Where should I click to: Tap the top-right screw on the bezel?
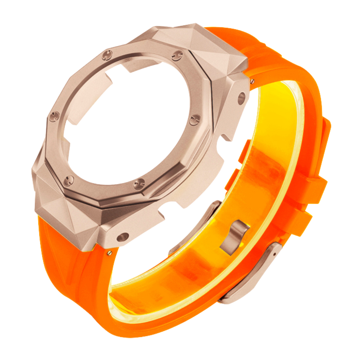pyautogui.click(x=177, y=55)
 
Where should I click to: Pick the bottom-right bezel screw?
pyautogui.click(x=139, y=184)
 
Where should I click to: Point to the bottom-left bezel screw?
pyautogui.click(x=69, y=181)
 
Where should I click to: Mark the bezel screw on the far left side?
pyautogui.click(x=53, y=116)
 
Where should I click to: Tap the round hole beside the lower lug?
pyautogui.click(x=123, y=237)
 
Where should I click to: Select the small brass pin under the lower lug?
pyautogui.click(x=110, y=253)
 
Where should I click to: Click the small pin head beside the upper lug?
pyautogui.click(x=252, y=81)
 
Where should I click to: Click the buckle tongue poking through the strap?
pyautogui.click(x=234, y=235)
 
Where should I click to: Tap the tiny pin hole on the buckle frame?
pyautogui.click(x=274, y=254)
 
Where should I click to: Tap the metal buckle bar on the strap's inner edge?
pyautogui.click(x=197, y=227)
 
